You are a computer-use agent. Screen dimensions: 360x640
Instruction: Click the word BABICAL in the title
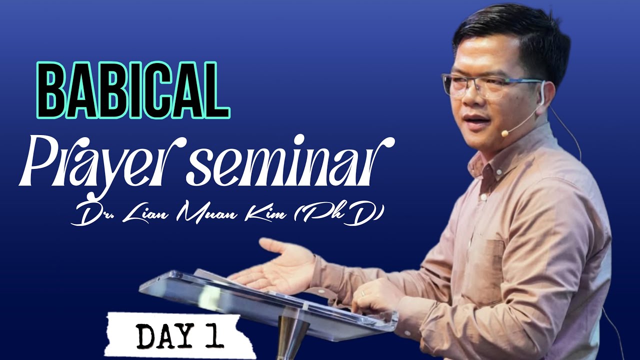tap(133, 90)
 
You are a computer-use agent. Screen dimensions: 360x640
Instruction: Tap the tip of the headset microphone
tap(505, 133)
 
